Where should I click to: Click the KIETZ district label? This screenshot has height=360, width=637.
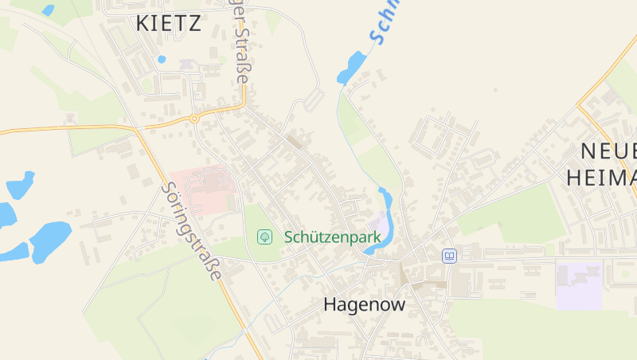pyautogui.click(x=168, y=23)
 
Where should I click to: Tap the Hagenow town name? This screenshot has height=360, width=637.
pyautogui.click(x=364, y=304)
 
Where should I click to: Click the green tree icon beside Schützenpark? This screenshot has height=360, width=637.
pyautogui.click(x=264, y=237)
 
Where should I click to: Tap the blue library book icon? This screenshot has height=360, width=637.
pyautogui.click(x=449, y=256)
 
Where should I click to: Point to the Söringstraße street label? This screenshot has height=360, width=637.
pyautogui.click(x=190, y=231)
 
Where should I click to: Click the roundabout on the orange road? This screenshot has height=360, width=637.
pyautogui.click(x=193, y=119)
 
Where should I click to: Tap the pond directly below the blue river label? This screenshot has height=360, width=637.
pyautogui.click(x=351, y=68)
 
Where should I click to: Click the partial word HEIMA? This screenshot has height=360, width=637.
pyautogui.click(x=601, y=178)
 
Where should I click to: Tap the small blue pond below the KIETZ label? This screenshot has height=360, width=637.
pyautogui.click(x=162, y=59)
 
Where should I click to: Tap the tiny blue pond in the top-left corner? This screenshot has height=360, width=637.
pyautogui.click(x=49, y=10)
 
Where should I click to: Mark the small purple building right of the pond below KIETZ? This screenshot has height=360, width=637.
pyautogui.click(x=188, y=63)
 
